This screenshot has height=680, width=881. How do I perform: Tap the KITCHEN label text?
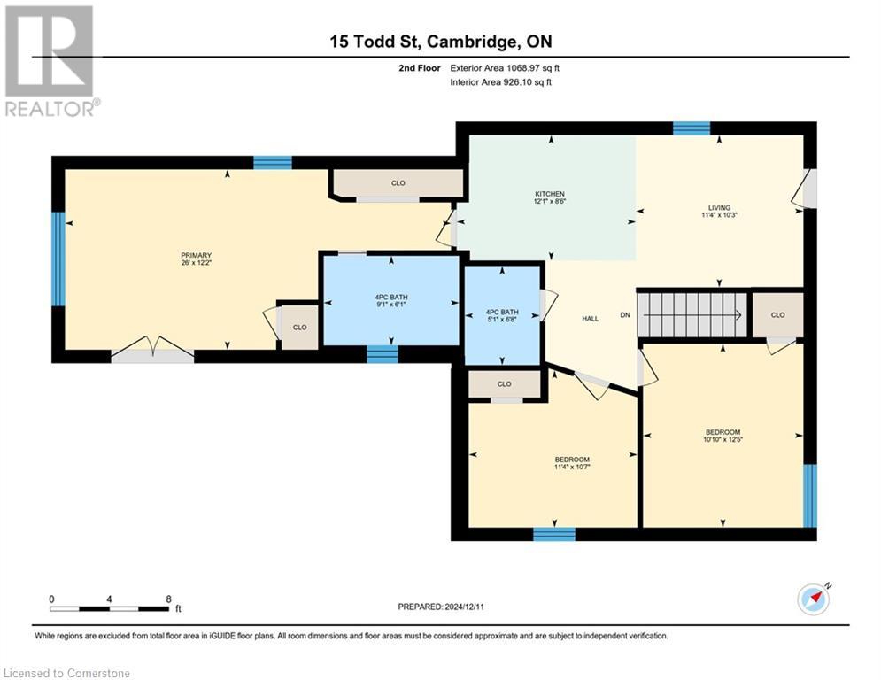[x=549, y=194]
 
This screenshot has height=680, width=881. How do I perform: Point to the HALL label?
[x=591, y=319]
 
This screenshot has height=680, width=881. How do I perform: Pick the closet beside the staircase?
[x=777, y=314]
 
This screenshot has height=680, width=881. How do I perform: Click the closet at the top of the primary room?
[x=398, y=183]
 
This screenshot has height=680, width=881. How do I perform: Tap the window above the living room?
[x=691, y=128]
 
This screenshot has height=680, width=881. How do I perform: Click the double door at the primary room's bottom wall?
[x=152, y=354]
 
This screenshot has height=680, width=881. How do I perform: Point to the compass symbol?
[x=813, y=599]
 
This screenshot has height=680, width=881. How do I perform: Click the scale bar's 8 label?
[x=167, y=599]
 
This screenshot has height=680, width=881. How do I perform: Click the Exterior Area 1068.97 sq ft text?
[x=505, y=67]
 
